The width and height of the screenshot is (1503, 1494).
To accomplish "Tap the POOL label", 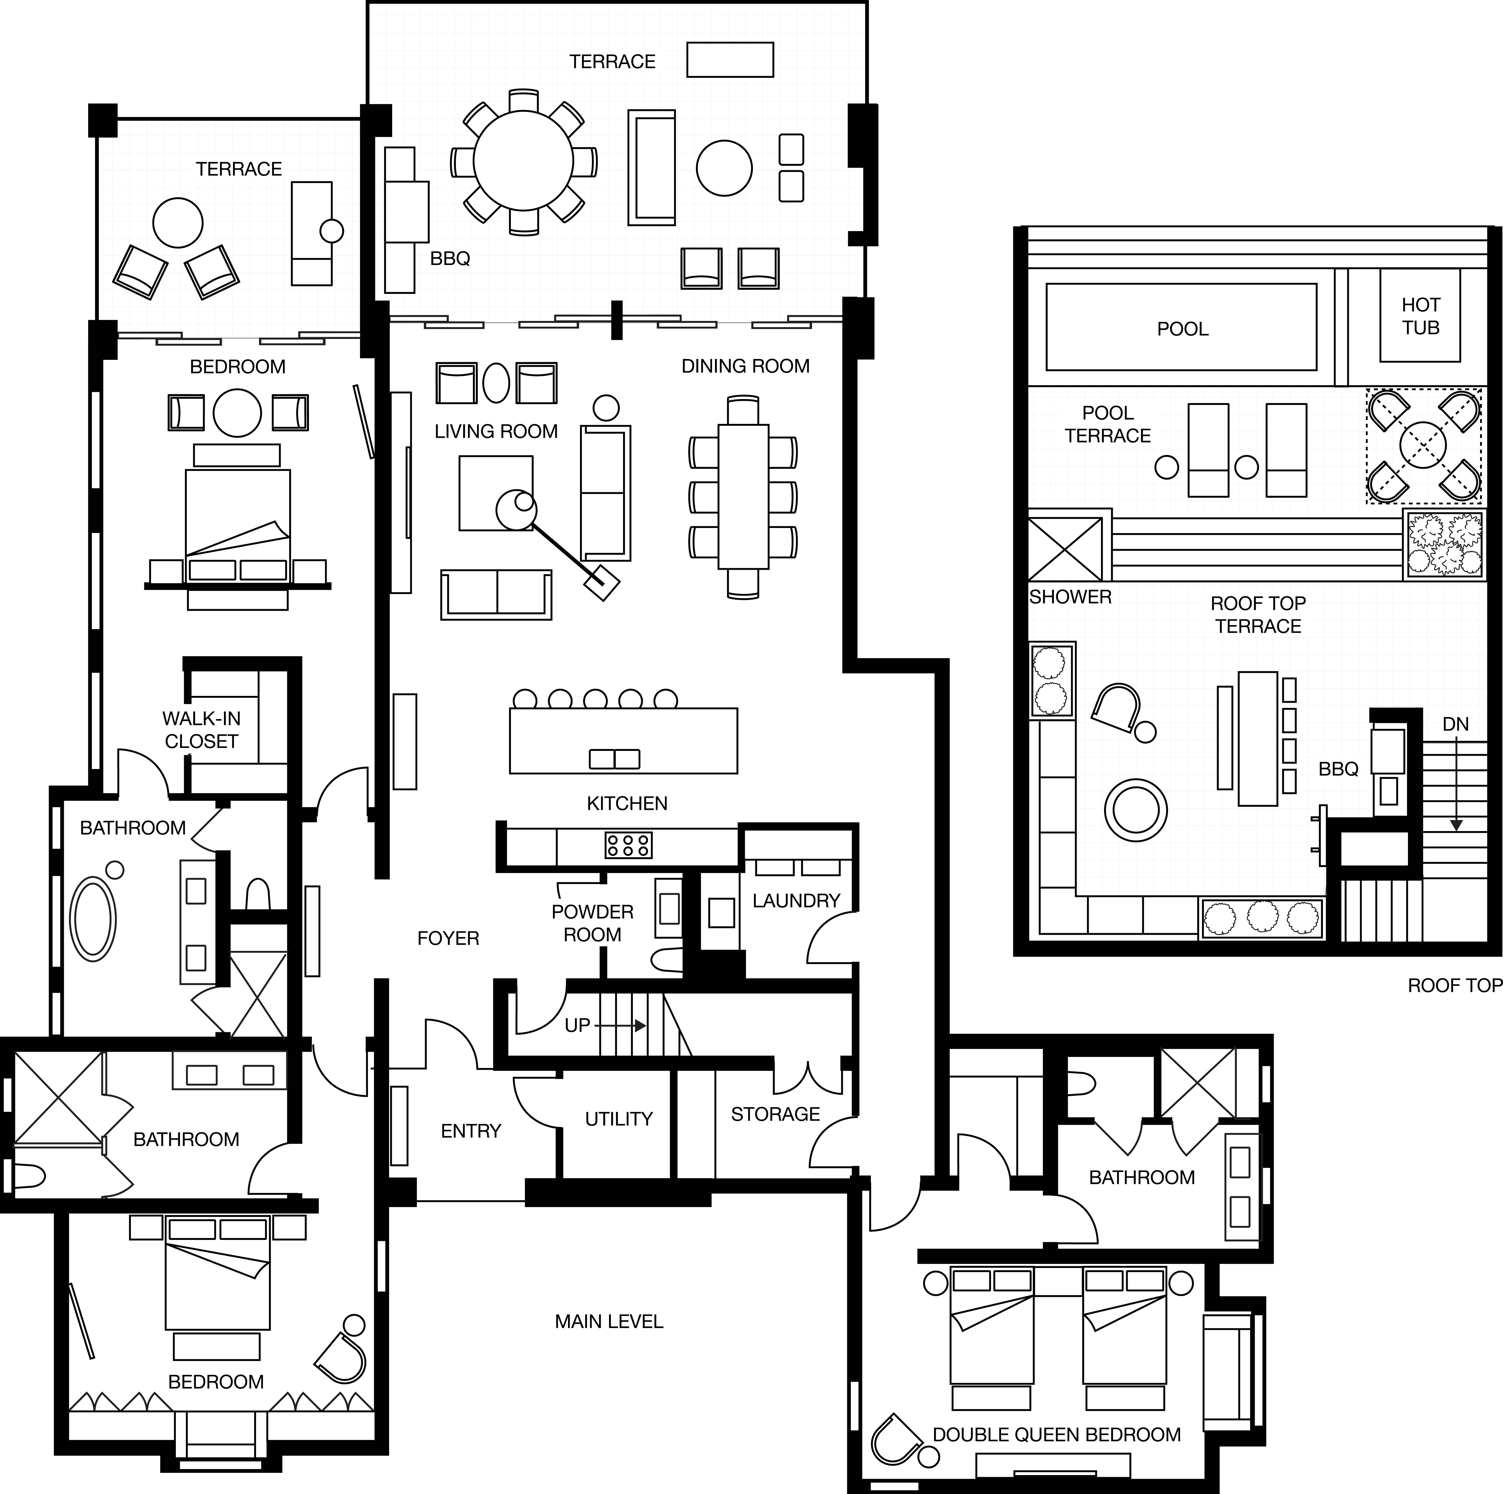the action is [x=1182, y=329].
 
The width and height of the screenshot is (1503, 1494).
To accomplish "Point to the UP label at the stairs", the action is [x=577, y=1025].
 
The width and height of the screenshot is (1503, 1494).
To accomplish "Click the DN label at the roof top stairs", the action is [x=1456, y=724].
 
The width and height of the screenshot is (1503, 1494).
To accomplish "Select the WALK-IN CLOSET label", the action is [x=201, y=730].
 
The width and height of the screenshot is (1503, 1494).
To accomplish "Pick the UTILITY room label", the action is [x=618, y=1119].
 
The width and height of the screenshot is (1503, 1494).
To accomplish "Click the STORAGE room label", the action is [x=775, y=1114].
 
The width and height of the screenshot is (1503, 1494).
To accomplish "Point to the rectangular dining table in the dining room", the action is [x=743, y=496].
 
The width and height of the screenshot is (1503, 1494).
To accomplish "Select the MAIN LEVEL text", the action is [x=609, y=1321].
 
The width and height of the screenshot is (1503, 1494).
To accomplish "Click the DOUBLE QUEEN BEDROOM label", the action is [x=1056, y=1434].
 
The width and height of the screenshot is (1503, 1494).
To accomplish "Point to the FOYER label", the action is [x=448, y=938].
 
